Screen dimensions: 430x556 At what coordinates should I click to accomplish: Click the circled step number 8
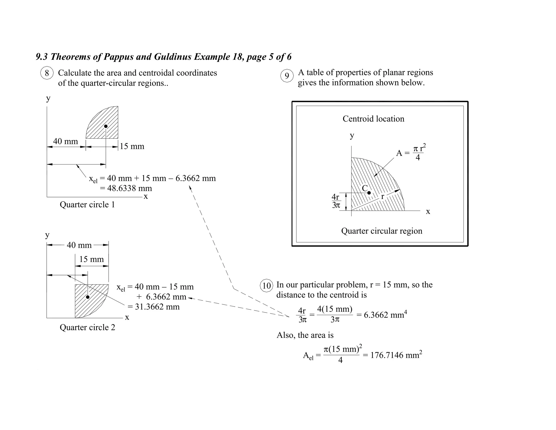tap(47, 73)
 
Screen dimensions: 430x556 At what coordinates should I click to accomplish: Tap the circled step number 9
tap(287, 76)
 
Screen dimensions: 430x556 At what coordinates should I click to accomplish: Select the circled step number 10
tap(266, 286)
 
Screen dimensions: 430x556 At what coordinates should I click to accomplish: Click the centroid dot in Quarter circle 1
tap(106, 126)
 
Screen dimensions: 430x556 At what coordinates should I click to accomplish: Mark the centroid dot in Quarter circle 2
tap(88, 297)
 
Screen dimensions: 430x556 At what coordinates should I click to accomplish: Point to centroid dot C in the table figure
tap(369, 193)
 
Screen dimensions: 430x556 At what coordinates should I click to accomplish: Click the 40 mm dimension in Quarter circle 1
tap(65, 141)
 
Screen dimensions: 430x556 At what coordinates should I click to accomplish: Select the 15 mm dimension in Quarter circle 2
tap(91, 259)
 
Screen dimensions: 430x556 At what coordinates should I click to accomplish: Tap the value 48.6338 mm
tap(129, 188)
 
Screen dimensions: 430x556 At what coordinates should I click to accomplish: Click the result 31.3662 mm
tap(157, 307)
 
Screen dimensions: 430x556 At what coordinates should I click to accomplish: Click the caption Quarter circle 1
tap(87, 205)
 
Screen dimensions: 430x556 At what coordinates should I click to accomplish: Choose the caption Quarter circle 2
tap(87, 327)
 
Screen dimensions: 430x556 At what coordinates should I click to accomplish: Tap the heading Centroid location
tap(373, 119)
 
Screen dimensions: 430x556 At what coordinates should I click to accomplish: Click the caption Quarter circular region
tap(381, 231)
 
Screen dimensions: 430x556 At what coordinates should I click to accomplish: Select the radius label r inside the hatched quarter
tap(383, 197)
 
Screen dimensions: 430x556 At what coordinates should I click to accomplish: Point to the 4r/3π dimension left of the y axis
tap(336, 201)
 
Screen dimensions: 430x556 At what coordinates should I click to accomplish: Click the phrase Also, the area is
tap(305, 335)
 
